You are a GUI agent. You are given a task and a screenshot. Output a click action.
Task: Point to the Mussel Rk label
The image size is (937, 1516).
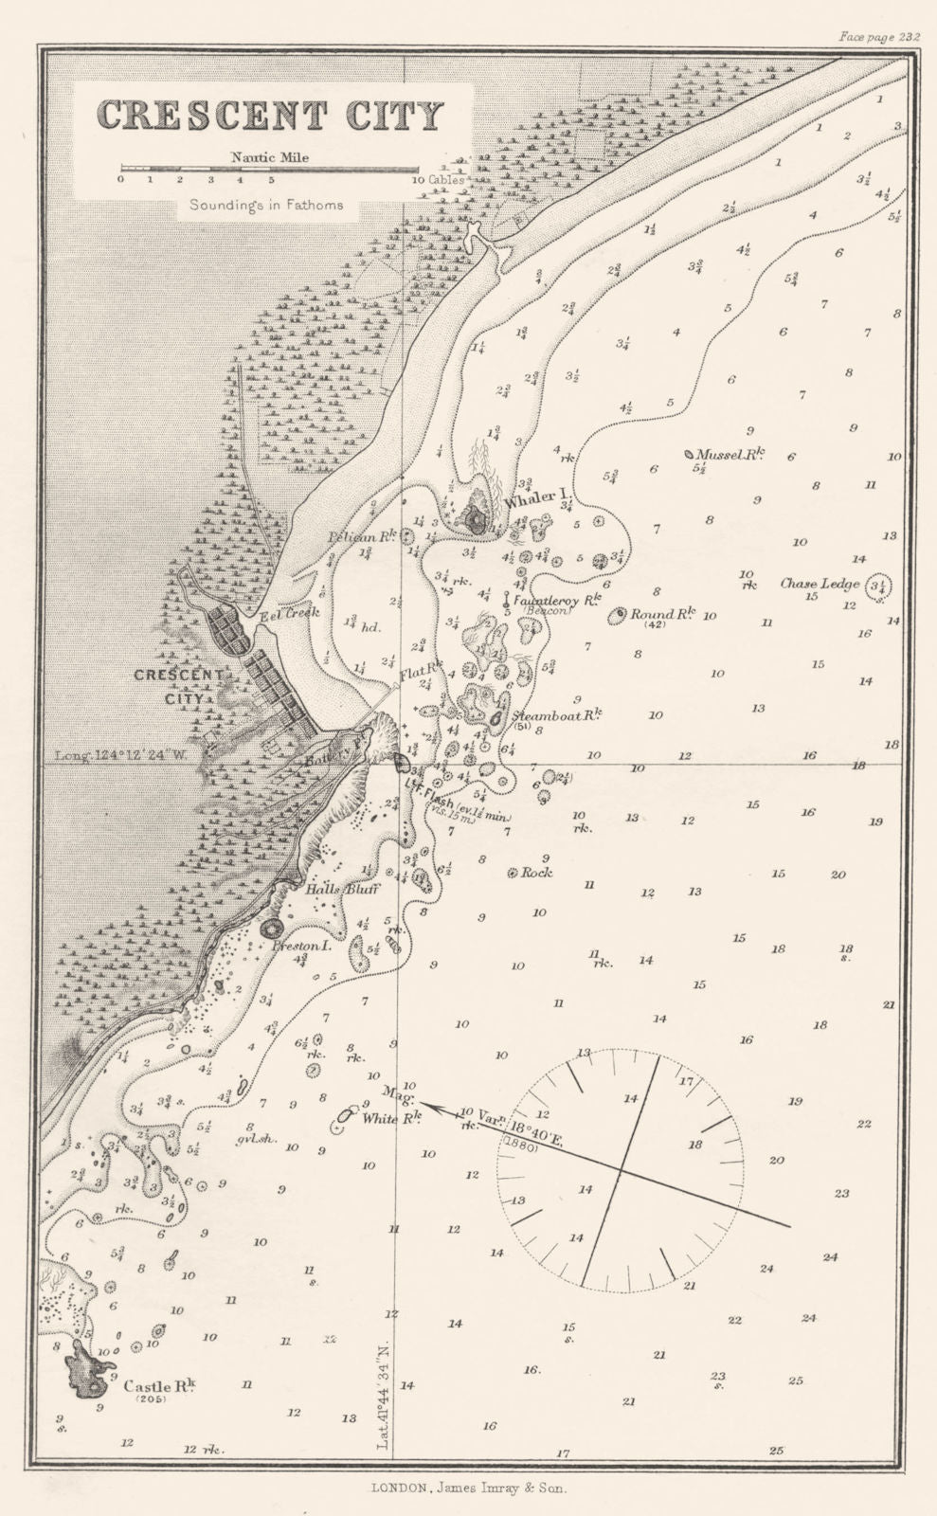point(730,455)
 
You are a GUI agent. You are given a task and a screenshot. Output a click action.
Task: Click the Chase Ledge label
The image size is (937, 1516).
point(820,584)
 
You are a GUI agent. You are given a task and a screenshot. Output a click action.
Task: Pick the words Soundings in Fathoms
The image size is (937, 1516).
point(265,205)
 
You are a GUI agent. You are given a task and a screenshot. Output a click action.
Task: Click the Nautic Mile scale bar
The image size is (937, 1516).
point(270,171)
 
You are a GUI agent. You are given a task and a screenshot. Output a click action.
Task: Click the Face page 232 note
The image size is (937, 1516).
point(880,38)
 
